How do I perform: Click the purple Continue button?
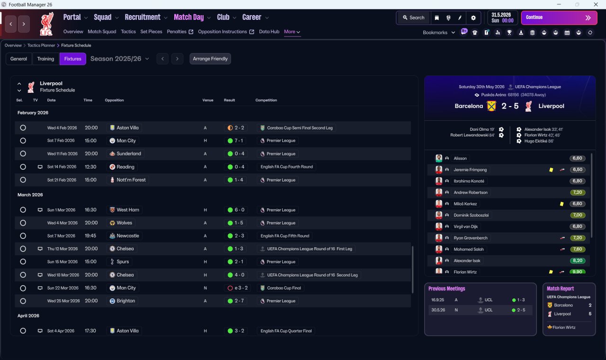coord(559,18)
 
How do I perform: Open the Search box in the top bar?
coord(413,18)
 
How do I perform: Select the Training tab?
coord(45,59)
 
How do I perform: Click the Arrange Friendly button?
coord(210,59)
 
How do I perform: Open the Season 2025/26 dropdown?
coord(120,59)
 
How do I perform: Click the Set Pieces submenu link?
coord(151,32)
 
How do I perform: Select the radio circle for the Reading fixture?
coord(23,167)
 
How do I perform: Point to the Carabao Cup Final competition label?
coord(284,288)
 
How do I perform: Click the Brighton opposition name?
coord(125,301)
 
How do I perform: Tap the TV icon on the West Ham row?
coord(40,210)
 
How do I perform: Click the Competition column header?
coord(266,100)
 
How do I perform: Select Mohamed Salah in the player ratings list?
coord(469,249)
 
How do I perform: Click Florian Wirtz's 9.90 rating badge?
coord(577,272)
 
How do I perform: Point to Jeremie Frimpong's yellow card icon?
coord(551,170)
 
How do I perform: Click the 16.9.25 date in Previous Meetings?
coord(437,300)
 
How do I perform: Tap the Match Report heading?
coord(560,288)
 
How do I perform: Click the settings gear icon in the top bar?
coord(473,18)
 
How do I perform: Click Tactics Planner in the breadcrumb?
coord(41,45)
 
